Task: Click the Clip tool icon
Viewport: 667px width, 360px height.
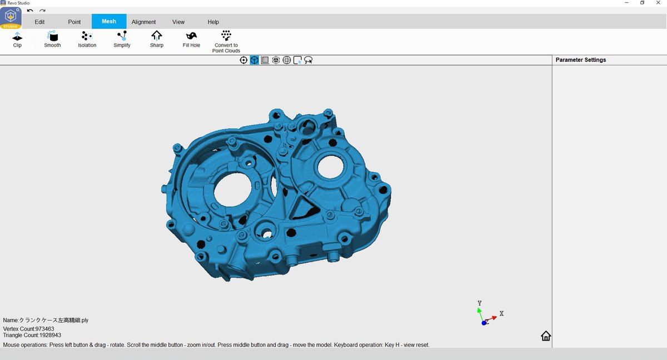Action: tap(17, 37)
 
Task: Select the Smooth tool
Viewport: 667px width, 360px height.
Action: tap(52, 36)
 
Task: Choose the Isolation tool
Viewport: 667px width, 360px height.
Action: tap(87, 36)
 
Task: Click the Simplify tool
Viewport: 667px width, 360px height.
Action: tap(122, 36)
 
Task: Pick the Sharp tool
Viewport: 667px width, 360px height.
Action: tap(157, 36)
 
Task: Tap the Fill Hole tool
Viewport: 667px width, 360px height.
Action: tap(191, 36)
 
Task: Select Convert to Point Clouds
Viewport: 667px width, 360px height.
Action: tap(226, 36)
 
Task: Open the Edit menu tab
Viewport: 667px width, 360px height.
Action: tap(39, 22)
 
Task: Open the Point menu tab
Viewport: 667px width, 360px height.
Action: tap(74, 22)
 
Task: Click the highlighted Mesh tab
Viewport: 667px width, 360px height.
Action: tap(109, 22)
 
